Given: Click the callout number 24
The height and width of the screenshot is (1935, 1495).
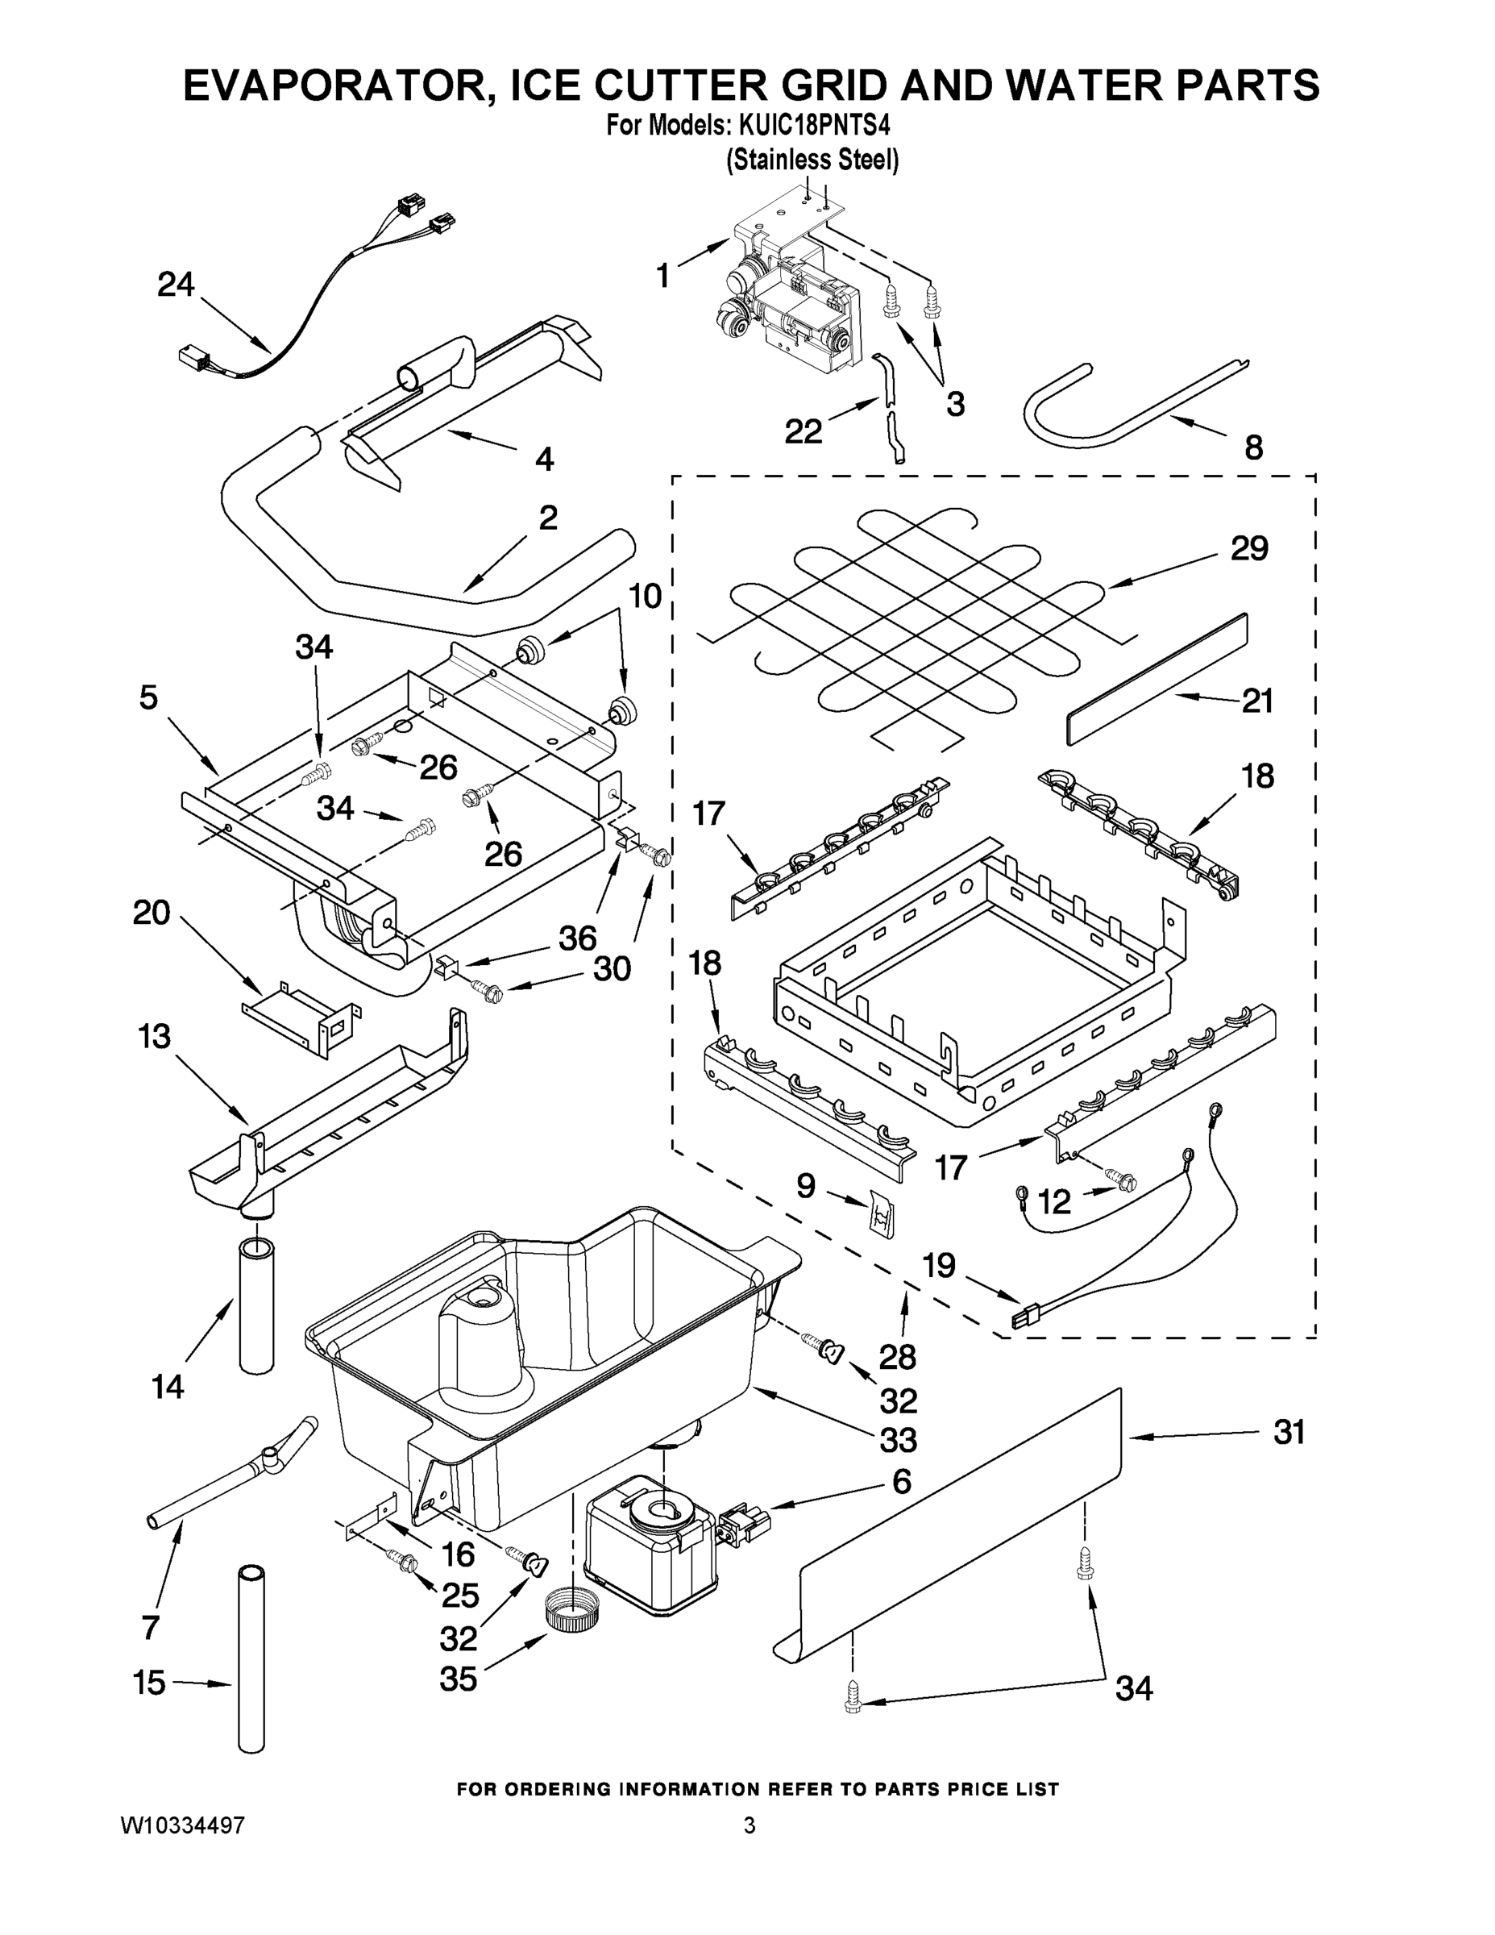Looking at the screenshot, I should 176,285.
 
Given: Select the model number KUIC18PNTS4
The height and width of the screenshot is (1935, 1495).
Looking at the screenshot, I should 808,125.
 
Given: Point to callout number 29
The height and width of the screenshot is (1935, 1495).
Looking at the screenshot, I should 1248,548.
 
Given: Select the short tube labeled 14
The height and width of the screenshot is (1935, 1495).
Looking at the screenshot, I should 257,1307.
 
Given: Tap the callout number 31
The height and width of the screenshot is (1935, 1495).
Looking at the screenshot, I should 1289,1433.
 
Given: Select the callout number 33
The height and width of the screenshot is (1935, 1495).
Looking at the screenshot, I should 897,1441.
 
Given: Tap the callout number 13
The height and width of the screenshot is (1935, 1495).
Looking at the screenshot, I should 154,1036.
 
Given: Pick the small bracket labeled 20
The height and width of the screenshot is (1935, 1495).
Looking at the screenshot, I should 301,1017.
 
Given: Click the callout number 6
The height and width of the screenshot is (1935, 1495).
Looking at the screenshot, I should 901,1481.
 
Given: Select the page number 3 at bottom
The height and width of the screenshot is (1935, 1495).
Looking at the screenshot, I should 750,1825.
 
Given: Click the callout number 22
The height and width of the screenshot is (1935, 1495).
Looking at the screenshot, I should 804,431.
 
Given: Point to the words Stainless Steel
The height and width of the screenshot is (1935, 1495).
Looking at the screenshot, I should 812,160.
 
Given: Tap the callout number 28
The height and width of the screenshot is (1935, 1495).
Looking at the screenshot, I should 897,1356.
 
